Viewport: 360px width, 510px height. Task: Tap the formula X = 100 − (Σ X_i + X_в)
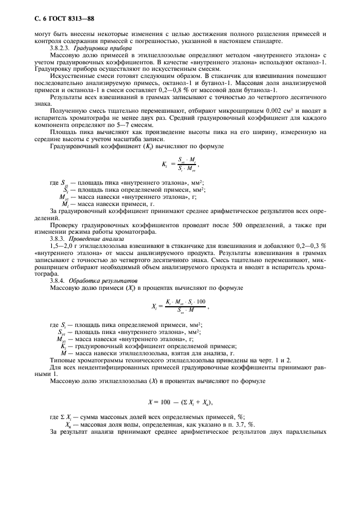pyautogui.click(x=180, y=402)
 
